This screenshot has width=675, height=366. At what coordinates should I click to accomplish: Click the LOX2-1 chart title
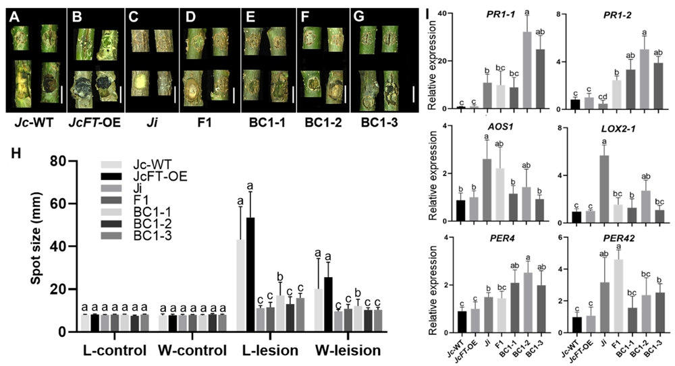(610, 131)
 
